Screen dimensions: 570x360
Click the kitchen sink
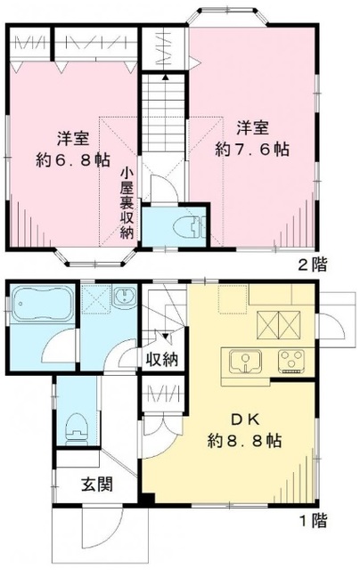coord(243,362)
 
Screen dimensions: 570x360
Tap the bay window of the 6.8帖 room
coord(94,256)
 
